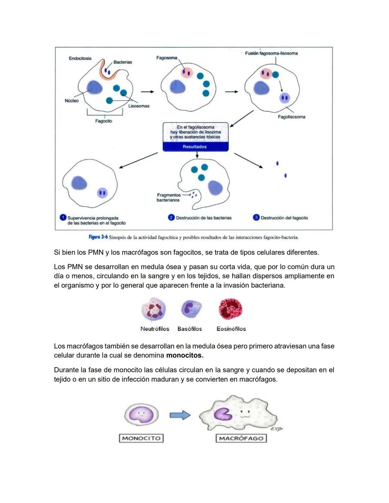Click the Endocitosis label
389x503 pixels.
[x=80, y=58]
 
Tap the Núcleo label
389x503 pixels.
[x=71, y=101]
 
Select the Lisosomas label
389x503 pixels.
[x=139, y=106]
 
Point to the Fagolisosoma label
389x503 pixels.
[x=291, y=117]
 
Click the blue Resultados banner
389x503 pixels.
[x=195, y=147]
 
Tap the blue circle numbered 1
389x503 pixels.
[x=63, y=217]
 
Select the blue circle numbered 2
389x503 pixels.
[x=171, y=217]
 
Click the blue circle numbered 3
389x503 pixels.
[x=256, y=217]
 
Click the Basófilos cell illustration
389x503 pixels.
[x=191, y=309]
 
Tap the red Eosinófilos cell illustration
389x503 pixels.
[x=231, y=309]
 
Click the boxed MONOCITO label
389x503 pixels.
[x=141, y=438]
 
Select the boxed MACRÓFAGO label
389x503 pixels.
[x=241, y=438]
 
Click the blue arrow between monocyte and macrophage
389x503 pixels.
[x=180, y=415]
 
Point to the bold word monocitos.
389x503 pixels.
[x=185, y=355]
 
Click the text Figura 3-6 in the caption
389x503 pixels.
[x=98, y=237]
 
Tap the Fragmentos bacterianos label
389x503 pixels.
[x=168, y=198]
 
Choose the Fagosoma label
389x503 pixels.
[x=166, y=58]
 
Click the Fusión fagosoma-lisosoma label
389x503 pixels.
[x=271, y=53]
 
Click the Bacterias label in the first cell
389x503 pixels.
[x=122, y=62]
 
